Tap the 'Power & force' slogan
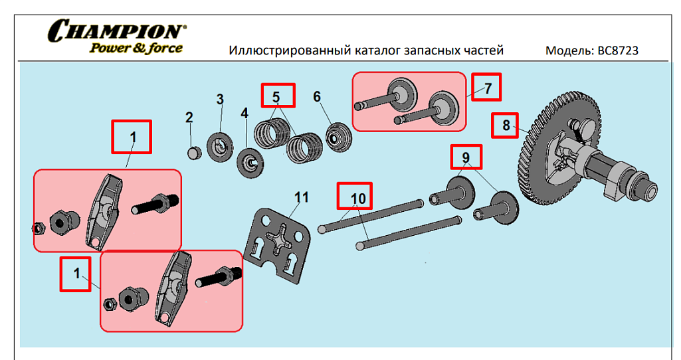click(136, 48)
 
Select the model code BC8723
click(618, 50)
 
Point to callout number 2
click(189, 118)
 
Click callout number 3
click(221, 100)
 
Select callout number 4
click(244, 114)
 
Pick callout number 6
click(317, 97)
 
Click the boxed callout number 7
click(487, 87)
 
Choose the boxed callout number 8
click(505, 125)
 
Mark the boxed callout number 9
click(466, 157)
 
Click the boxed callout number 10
click(357, 198)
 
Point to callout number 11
click(302, 197)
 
